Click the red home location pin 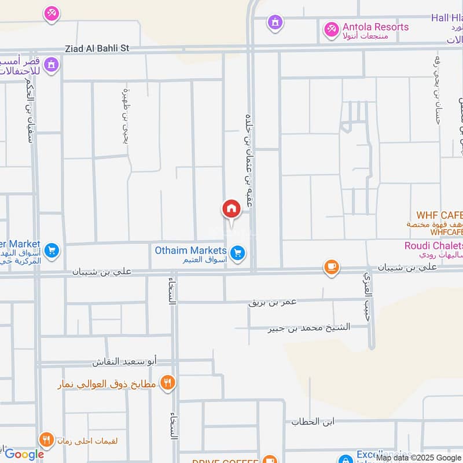click(x=231, y=209)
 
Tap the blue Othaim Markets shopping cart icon click(x=237, y=253)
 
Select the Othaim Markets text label click(x=190, y=250)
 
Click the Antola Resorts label click(x=376, y=27)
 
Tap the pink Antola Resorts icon click(x=331, y=28)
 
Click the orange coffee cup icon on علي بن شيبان click(x=331, y=266)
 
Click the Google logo click(x=24, y=454)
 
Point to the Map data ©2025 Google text click(x=418, y=457)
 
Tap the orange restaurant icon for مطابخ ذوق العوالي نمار click(x=168, y=383)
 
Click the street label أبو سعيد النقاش click(x=125, y=362)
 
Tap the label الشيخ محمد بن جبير click(x=309, y=328)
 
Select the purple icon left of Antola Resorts click(x=275, y=23)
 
